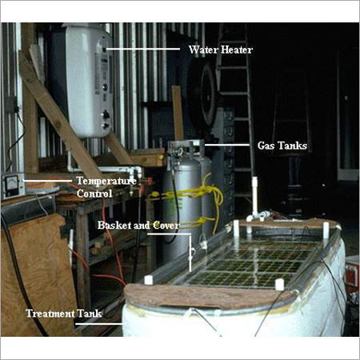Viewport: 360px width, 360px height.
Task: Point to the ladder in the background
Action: (236, 88)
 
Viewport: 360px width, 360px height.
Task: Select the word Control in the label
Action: (94, 194)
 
